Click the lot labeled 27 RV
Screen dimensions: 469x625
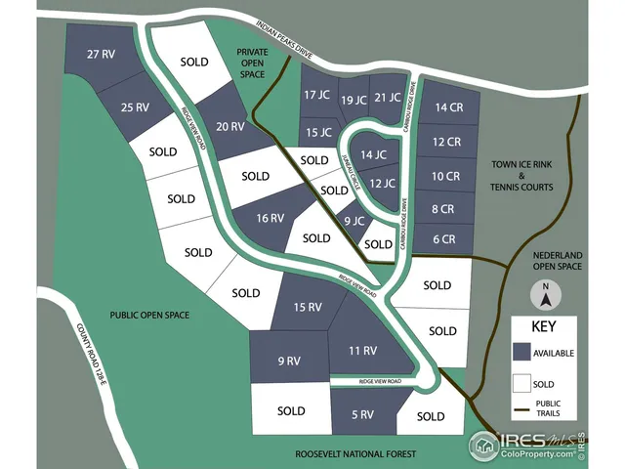102,54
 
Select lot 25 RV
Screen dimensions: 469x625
135,107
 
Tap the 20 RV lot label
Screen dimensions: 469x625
229,126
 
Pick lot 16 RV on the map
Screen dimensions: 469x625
270,218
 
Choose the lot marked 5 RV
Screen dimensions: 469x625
361,414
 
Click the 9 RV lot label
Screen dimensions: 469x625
287,362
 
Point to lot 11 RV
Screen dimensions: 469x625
362,350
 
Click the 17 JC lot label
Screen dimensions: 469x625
316,95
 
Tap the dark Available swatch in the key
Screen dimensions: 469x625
521,352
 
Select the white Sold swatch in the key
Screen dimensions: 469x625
521,384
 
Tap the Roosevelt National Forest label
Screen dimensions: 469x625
354,454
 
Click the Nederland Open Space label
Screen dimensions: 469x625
557,259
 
